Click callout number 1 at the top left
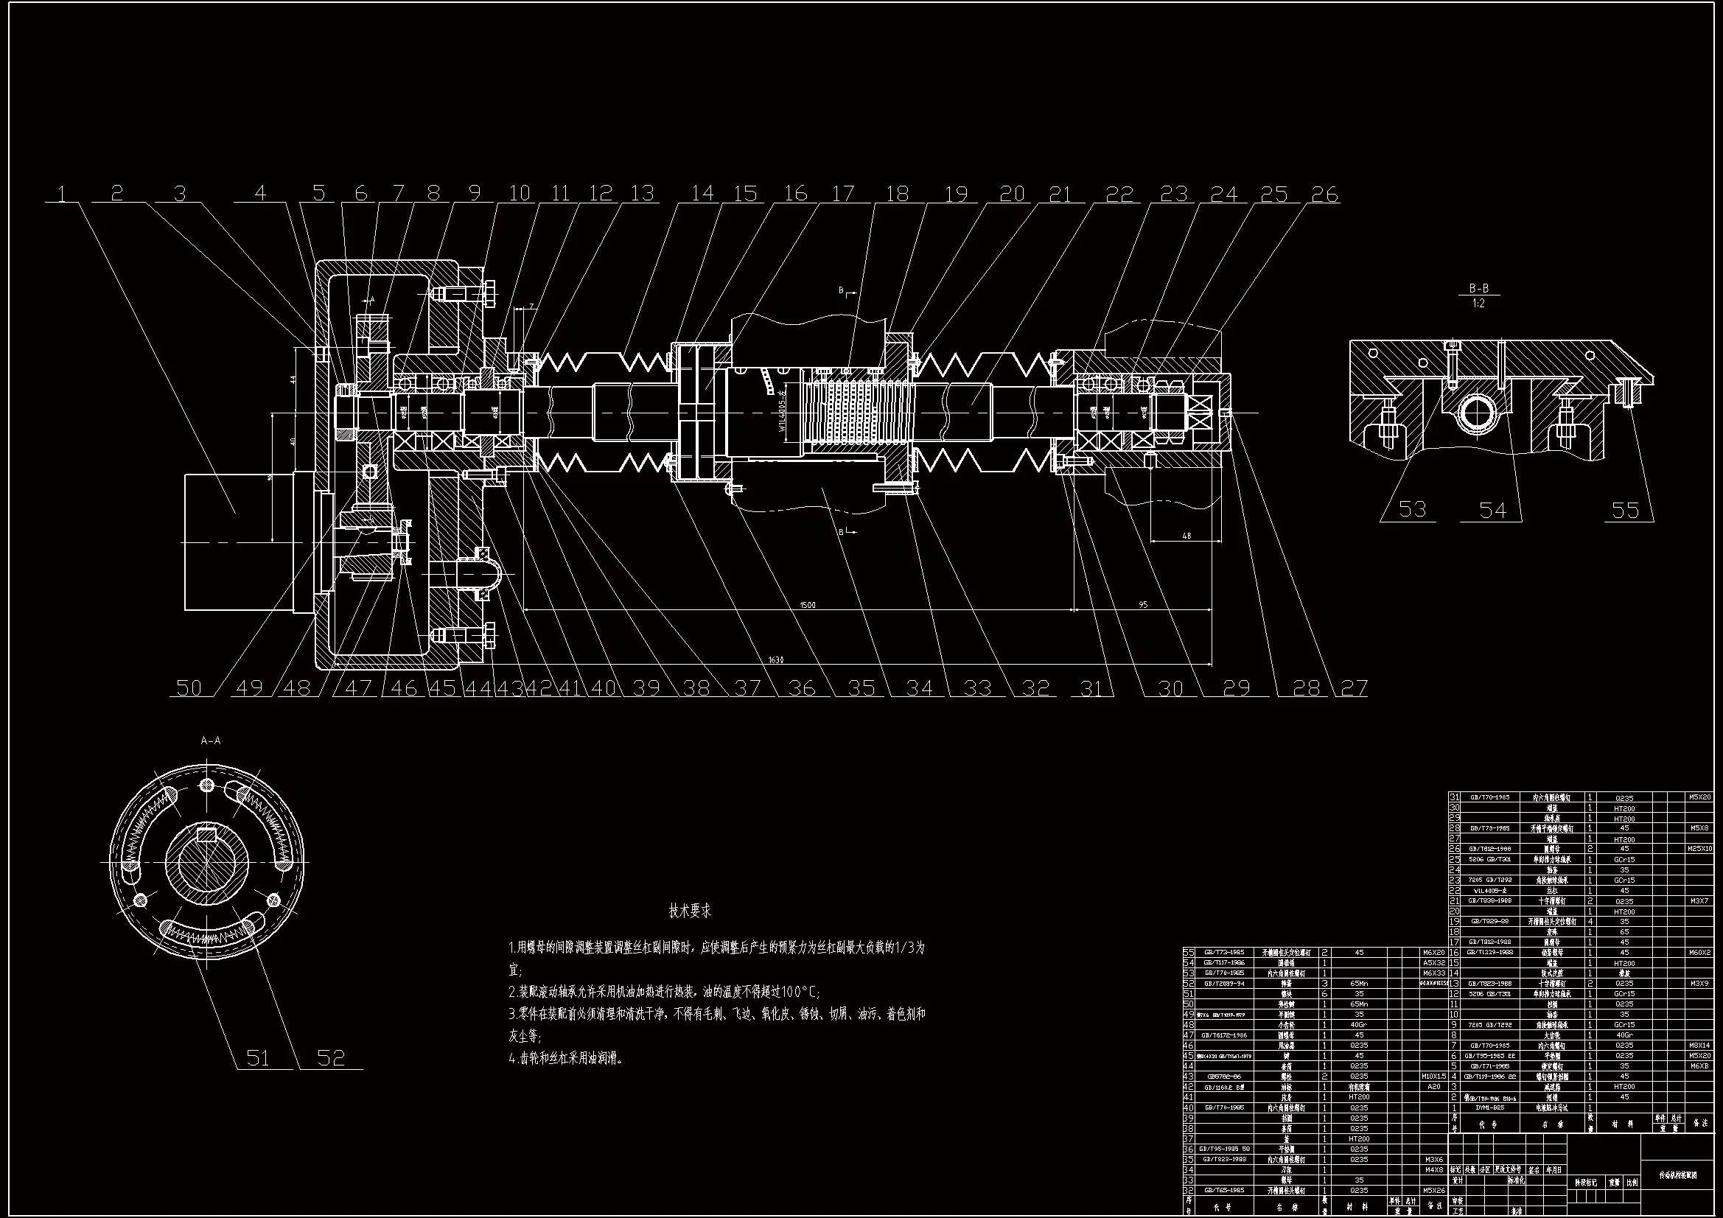click(x=63, y=194)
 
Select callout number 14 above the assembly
click(x=702, y=194)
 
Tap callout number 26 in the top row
click(x=1324, y=195)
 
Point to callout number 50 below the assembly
click(x=189, y=687)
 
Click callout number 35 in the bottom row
click(x=861, y=687)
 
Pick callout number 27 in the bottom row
click(x=1354, y=687)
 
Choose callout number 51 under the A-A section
click(x=257, y=1057)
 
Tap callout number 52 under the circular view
click(x=331, y=1057)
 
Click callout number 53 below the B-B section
click(x=1412, y=510)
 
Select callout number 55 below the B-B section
click(x=1626, y=511)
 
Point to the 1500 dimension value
click(x=808, y=604)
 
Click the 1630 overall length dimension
click(x=776, y=659)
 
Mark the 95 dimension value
click(x=1142, y=604)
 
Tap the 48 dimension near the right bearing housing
click(x=1186, y=536)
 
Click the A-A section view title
click(x=211, y=741)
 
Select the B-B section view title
click(x=1478, y=288)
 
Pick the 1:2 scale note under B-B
click(x=1478, y=304)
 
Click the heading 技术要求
click(x=690, y=911)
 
